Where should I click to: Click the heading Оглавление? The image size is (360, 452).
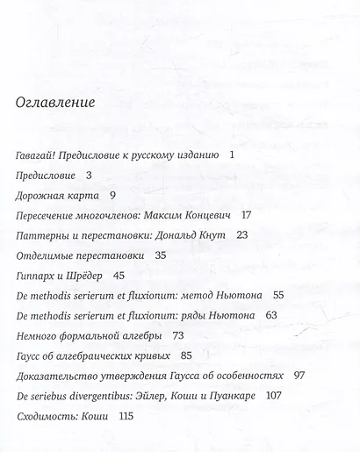pos(55,102)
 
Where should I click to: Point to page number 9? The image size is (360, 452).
pos(114,194)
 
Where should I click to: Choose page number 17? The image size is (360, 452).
pos(246,214)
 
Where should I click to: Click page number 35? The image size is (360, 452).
pos(160,255)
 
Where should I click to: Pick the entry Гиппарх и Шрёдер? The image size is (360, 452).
pos(60,275)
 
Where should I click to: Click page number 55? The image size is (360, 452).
pos(279,296)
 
